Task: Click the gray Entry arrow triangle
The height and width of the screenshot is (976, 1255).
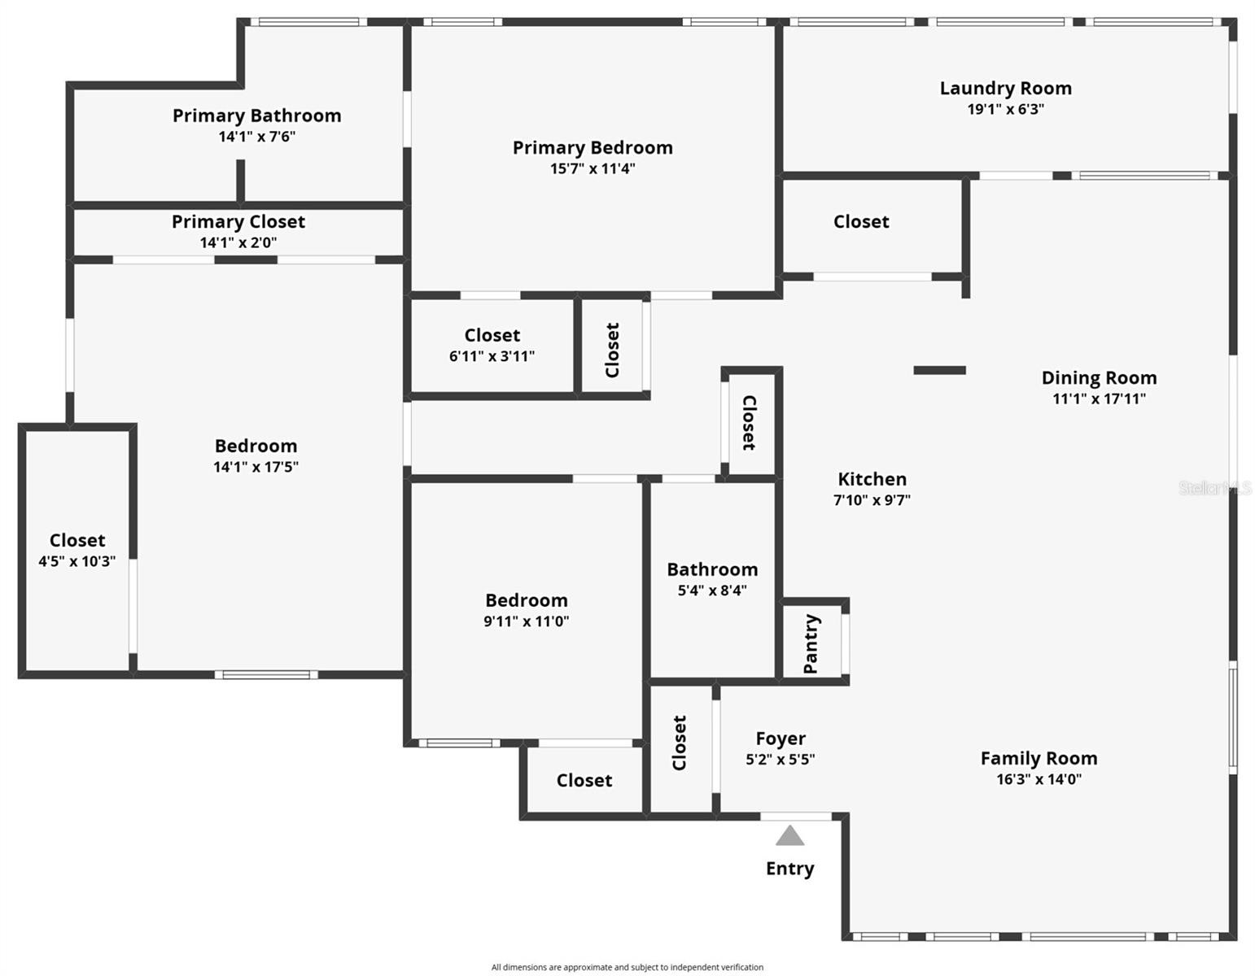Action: click(789, 836)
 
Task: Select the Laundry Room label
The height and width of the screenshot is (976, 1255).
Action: click(1005, 89)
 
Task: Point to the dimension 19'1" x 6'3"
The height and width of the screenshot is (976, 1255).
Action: click(1005, 109)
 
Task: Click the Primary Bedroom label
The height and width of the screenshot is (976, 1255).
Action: click(593, 148)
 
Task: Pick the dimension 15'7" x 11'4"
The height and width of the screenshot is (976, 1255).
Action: click(593, 168)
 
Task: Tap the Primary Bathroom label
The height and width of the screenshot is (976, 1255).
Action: click(257, 116)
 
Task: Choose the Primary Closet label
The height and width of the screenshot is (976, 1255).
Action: click(238, 222)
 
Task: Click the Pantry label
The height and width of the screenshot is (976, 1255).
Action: click(811, 643)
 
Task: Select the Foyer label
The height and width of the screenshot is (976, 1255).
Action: click(781, 739)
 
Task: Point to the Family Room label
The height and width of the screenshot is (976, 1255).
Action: click(1039, 758)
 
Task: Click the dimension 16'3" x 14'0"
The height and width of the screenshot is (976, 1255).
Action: click(1039, 779)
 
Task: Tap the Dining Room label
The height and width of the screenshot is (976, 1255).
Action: click(1099, 378)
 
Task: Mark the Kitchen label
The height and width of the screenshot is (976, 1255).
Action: click(872, 479)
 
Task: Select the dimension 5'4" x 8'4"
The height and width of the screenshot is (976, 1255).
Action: click(712, 590)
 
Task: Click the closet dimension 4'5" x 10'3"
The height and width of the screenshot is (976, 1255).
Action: click(77, 561)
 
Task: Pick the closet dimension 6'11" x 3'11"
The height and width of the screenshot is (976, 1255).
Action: click(492, 357)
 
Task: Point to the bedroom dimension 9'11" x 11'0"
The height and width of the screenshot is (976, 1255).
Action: click(526, 621)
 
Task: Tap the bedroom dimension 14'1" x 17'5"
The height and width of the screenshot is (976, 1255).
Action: click(256, 467)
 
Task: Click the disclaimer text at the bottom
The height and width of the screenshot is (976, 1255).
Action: click(627, 967)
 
